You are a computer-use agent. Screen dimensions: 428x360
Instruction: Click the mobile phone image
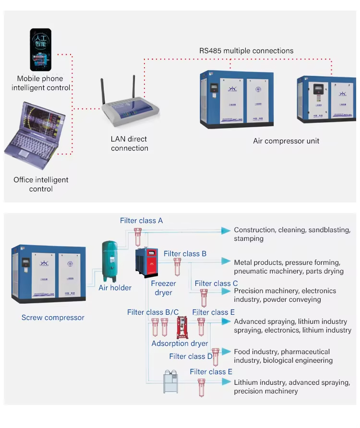[x=41, y=50]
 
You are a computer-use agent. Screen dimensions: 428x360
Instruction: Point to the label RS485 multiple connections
[x=246, y=51]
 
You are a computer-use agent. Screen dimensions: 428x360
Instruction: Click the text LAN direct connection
[x=129, y=143]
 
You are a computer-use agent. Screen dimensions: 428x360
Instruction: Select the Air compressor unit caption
[x=286, y=141]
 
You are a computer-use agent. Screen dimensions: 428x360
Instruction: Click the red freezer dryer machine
[x=147, y=262]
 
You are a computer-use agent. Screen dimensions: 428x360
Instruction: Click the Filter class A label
[x=141, y=221]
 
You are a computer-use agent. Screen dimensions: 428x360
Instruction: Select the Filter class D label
[x=191, y=356]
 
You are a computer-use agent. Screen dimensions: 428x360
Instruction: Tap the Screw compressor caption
[x=53, y=318]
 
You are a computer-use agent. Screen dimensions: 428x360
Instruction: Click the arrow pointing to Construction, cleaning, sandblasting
[x=225, y=231]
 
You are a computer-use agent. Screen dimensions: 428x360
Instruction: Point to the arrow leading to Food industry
[x=225, y=353]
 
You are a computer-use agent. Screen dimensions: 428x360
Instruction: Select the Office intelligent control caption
[x=41, y=184]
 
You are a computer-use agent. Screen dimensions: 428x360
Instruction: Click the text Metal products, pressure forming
[x=287, y=262]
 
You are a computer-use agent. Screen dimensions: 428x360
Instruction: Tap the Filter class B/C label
[x=153, y=312]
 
